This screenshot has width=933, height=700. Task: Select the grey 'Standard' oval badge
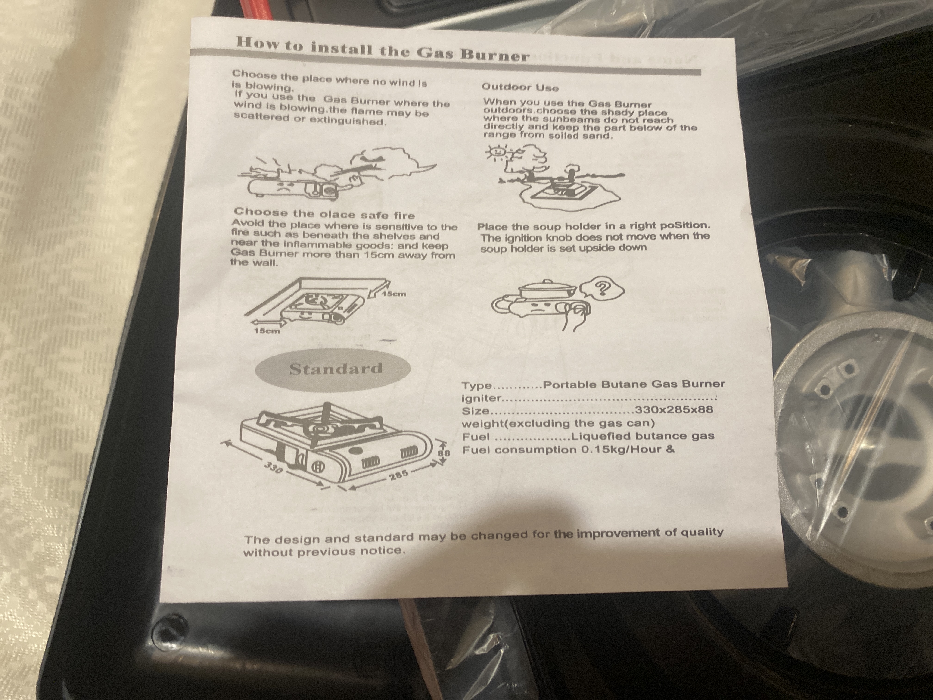click(333, 369)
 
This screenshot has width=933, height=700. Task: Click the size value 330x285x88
click(674, 409)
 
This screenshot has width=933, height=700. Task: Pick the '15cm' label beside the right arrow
click(394, 293)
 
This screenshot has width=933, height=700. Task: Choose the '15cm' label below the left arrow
click(267, 330)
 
